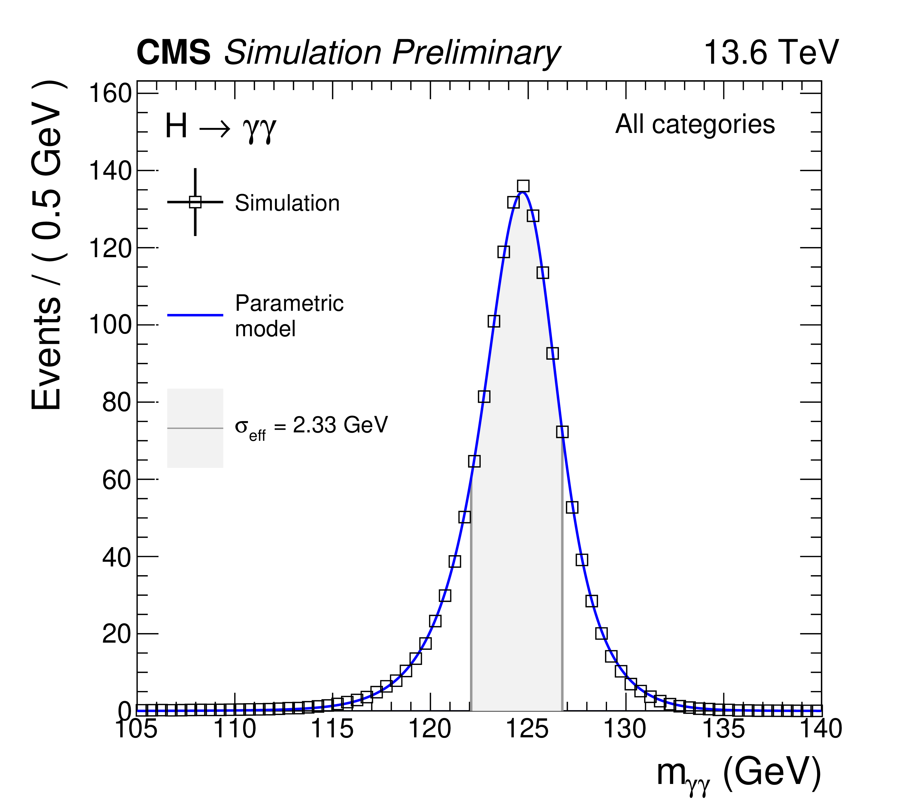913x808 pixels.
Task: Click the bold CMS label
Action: click(173, 53)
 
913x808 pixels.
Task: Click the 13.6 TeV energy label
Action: click(771, 53)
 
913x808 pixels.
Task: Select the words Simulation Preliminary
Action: click(392, 53)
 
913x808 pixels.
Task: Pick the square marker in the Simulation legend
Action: click(195, 202)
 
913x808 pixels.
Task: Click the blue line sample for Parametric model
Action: click(195, 315)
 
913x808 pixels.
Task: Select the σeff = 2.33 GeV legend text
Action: click(311, 426)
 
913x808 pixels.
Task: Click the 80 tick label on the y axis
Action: click(116, 403)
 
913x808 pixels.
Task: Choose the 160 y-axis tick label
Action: click(110, 94)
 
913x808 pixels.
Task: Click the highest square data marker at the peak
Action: click(523, 186)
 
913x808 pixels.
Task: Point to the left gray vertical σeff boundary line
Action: click(471, 625)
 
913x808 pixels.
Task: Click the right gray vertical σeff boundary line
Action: click(562, 625)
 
